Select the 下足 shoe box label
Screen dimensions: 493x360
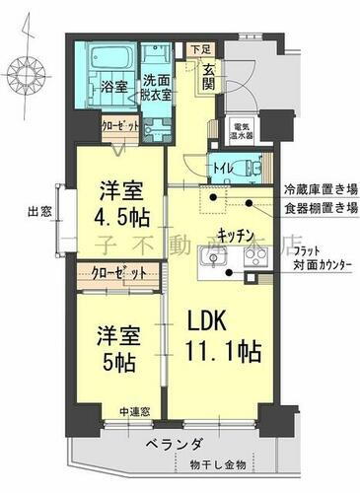tap(202, 47)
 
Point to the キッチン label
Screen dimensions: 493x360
tap(238, 235)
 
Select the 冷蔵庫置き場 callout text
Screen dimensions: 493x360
tap(319, 188)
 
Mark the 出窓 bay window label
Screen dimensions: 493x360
tap(39, 209)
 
